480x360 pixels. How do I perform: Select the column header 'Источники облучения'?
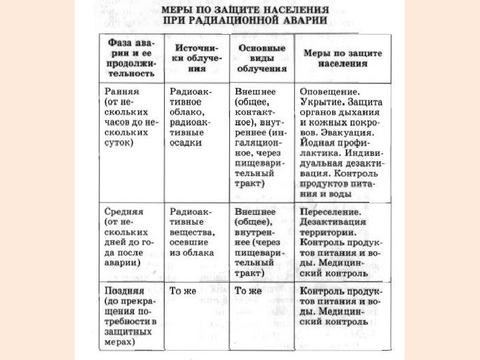[197, 58]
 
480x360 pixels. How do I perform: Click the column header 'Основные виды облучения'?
[261, 58]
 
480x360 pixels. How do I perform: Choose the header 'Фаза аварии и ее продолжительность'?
[131, 58]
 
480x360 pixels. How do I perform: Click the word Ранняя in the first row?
[121, 89]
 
